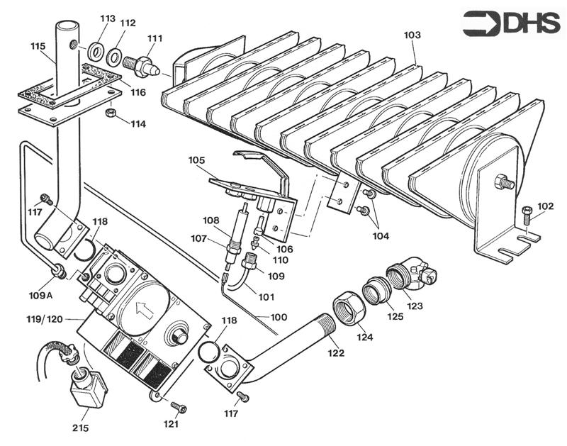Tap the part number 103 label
412,35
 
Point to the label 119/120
45,320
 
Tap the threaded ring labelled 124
347,306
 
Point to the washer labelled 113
94,50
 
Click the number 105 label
196,160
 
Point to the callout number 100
279,316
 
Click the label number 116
137,92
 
